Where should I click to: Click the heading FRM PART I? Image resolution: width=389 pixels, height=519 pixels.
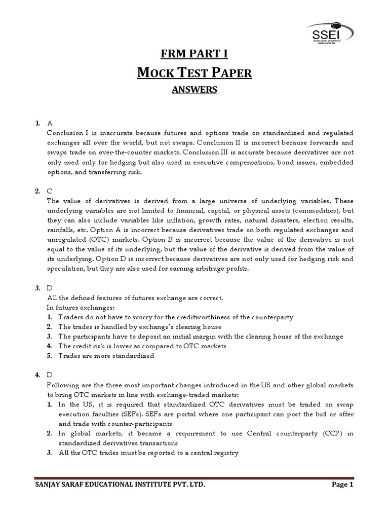click(x=194, y=54)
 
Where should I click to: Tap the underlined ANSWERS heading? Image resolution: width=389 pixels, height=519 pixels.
click(x=194, y=90)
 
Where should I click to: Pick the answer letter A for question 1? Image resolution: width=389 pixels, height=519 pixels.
click(x=50, y=123)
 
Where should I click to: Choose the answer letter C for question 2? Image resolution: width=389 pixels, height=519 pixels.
click(x=50, y=191)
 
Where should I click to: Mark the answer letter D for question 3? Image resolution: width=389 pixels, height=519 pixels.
click(x=50, y=287)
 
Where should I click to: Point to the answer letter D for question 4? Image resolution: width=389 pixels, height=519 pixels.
click(x=50, y=375)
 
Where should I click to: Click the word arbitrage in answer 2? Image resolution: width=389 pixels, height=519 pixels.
click(x=205, y=268)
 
